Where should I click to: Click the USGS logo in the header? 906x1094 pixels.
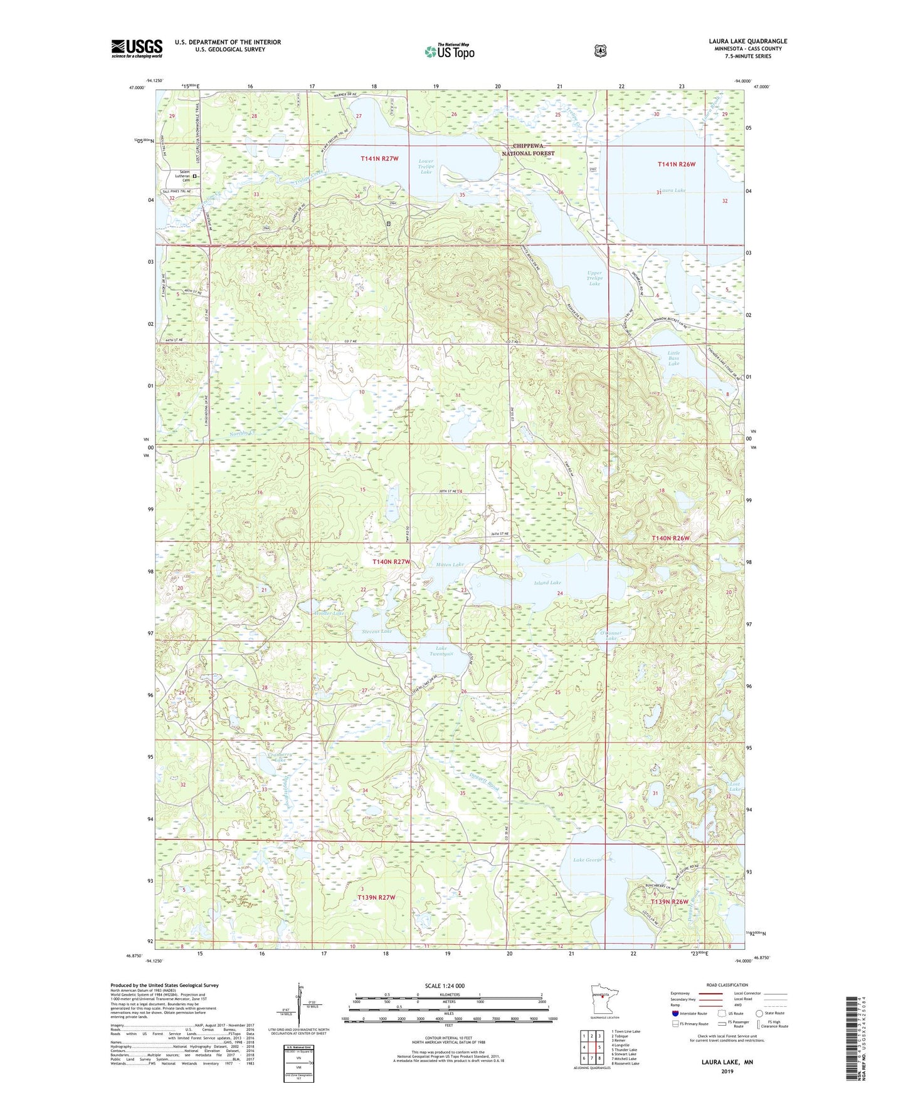(137, 48)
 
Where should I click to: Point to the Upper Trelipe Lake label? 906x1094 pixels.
(594, 278)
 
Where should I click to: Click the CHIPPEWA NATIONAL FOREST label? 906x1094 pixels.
(528, 149)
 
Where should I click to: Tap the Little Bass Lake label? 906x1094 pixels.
(673, 358)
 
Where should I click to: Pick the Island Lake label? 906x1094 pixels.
(547, 583)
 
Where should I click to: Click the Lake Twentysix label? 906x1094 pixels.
(441, 651)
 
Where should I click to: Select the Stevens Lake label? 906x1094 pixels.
(377, 632)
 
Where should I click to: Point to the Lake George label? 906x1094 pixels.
(587, 860)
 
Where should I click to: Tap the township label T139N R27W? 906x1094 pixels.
(376, 898)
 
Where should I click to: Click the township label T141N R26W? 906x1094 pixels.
(677, 164)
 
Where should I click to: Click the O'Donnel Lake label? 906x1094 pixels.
(610, 635)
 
